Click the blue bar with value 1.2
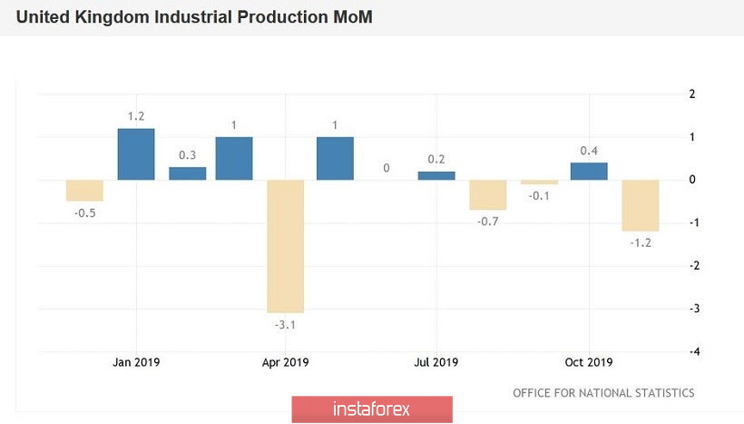point(136,154)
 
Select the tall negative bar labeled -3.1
point(285,245)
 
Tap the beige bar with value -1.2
point(640,205)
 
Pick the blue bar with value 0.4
point(589,172)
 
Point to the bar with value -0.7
point(487,194)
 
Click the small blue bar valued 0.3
point(188,173)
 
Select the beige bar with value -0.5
point(84,190)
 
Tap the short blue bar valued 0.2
point(436,175)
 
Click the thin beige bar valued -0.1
point(539,182)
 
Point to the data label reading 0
point(386,168)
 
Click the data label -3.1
point(285,323)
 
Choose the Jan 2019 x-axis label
point(136,362)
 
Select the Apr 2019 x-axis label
point(285,362)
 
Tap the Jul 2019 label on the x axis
point(436,362)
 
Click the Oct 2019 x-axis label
point(589,362)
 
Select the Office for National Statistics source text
point(603,393)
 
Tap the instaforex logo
point(372,409)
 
